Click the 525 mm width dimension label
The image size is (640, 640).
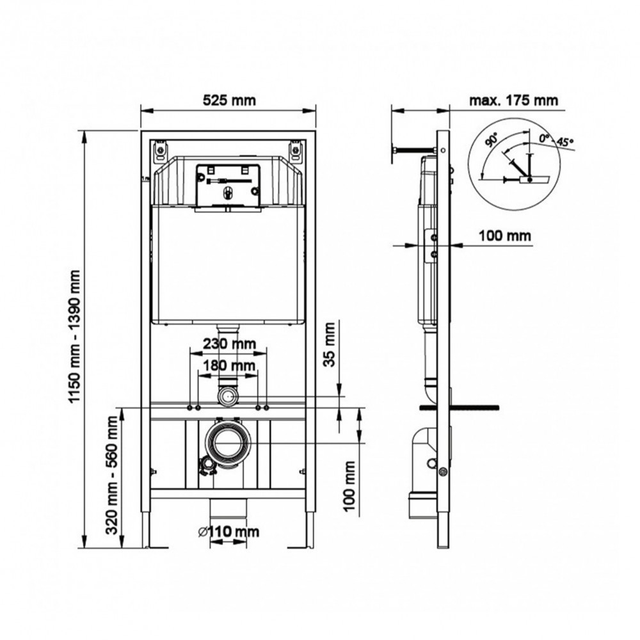tap(229, 100)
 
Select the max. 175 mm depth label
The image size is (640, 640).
tap(513, 100)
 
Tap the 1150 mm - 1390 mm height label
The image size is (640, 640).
tap(74, 336)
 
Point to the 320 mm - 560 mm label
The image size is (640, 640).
tap(112, 475)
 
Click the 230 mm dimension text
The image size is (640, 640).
tap(229, 344)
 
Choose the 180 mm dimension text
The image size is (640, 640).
tap(229, 365)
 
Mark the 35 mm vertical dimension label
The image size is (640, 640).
tap(330, 344)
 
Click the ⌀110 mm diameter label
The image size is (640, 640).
tap(228, 531)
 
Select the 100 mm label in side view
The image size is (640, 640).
tap(505, 236)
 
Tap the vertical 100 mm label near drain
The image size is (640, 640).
tap(349, 486)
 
